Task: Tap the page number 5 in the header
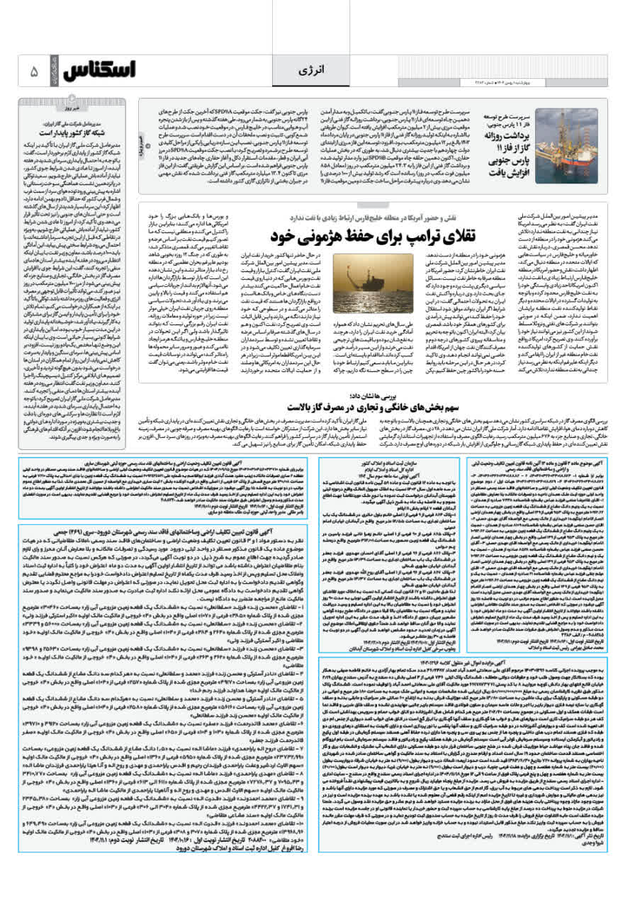(x=33, y=72)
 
